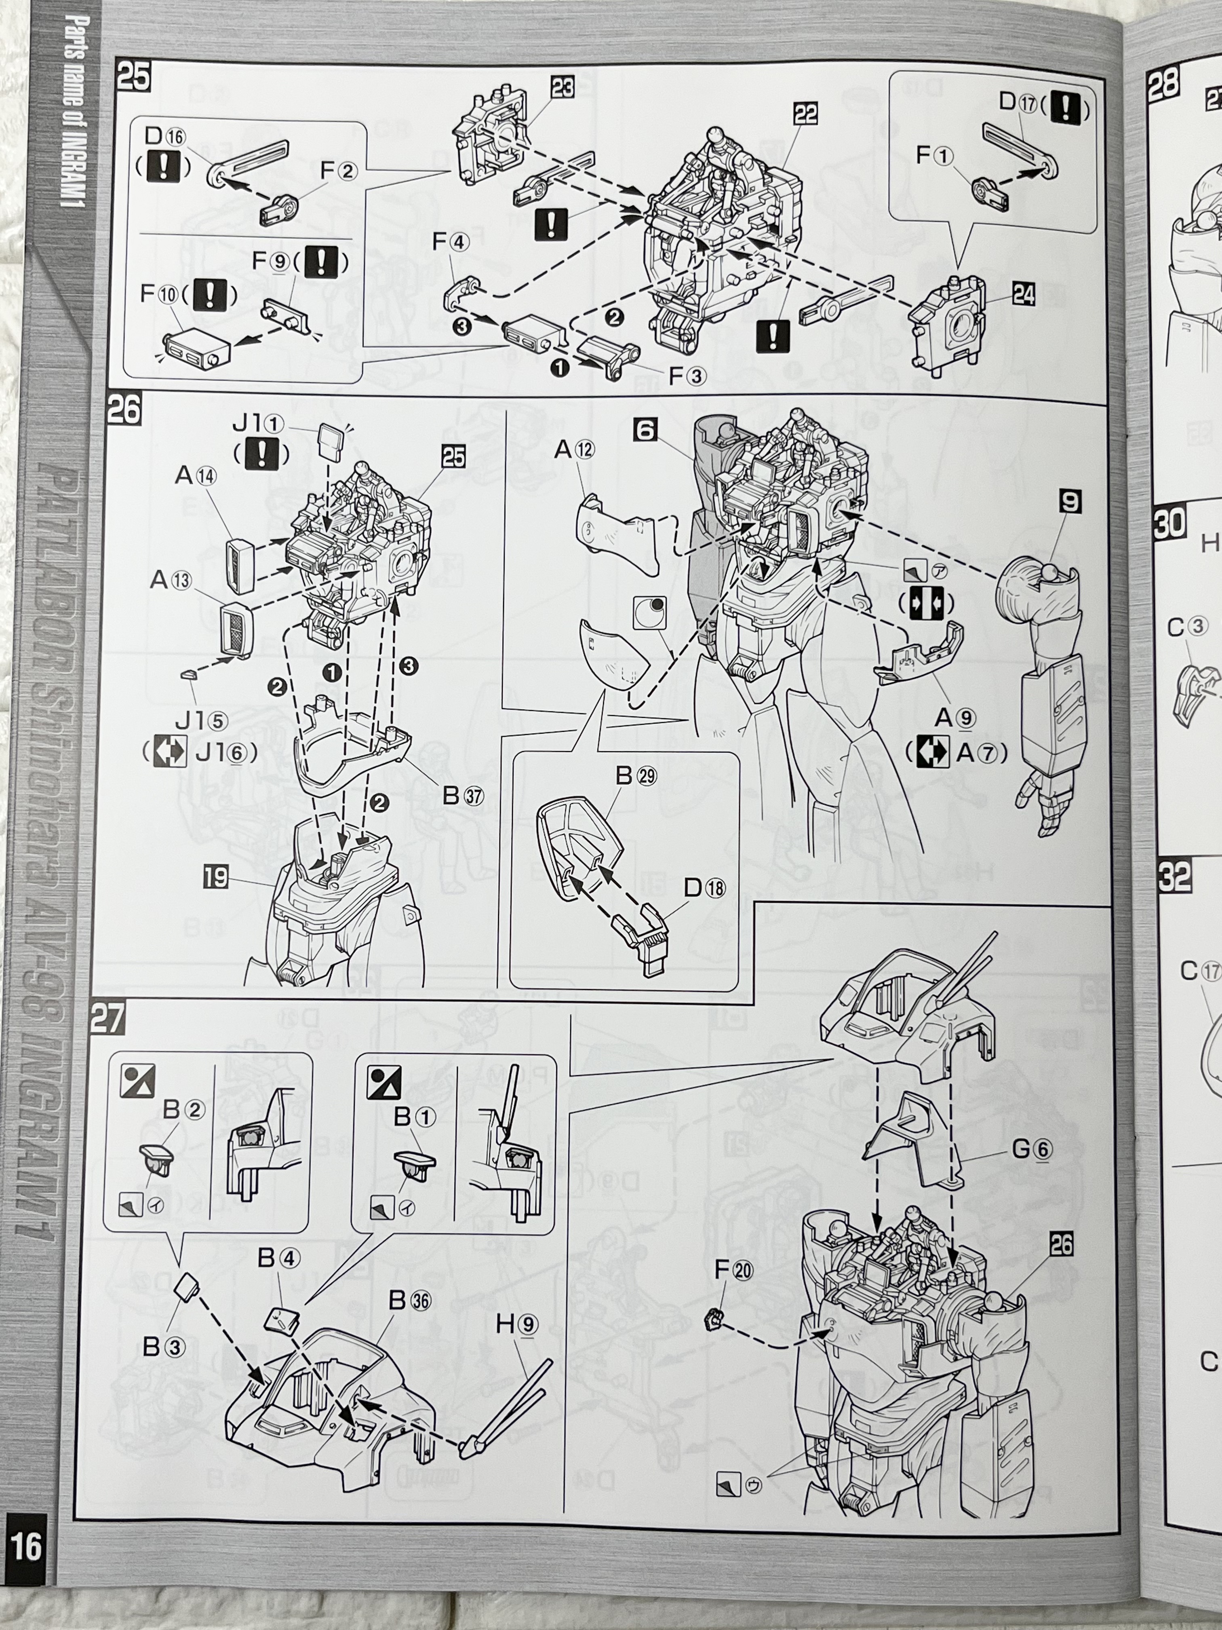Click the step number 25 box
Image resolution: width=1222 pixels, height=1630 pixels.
pos(133,76)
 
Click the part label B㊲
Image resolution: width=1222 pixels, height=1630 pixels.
pos(463,796)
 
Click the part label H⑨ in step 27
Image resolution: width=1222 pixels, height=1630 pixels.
pos(516,1324)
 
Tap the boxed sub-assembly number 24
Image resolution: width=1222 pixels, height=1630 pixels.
pos(1023,295)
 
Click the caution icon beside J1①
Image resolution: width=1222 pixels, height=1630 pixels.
pos(261,452)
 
